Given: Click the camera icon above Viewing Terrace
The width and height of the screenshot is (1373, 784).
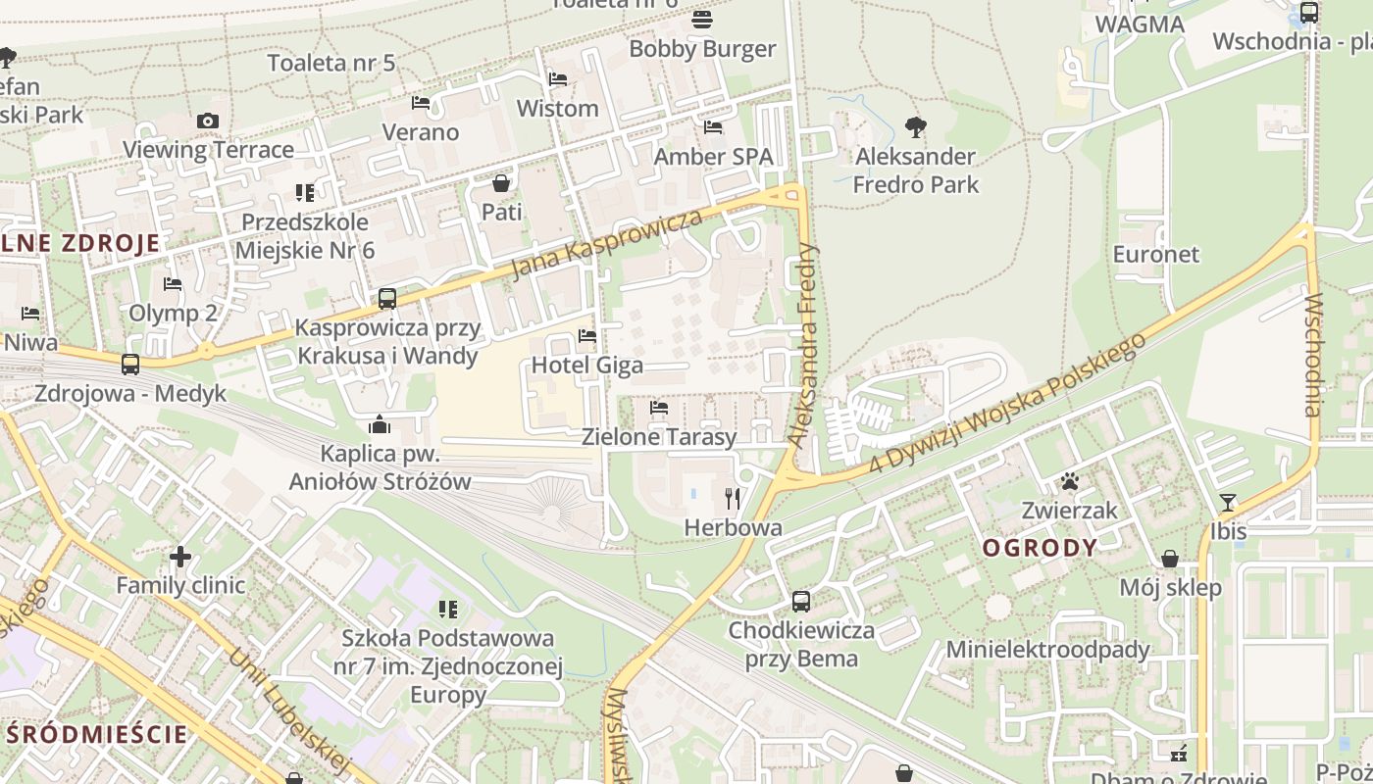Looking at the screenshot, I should pyautogui.click(x=207, y=121).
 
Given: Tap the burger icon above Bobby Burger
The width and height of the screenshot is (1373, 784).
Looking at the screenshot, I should pyautogui.click(x=702, y=20).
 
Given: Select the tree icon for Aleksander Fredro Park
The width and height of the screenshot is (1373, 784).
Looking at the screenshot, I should pyautogui.click(x=915, y=126).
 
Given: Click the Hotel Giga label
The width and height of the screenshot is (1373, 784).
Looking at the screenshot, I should pyautogui.click(x=587, y=366).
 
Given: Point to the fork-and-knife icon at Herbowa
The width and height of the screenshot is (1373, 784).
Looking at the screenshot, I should pyautogui.click(x=733, y=499).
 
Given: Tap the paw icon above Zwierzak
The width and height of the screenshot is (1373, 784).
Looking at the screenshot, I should pyautogui.click(x=1069, y=481).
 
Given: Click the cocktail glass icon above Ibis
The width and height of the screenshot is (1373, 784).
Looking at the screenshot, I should pyautogui.click(x=1228, y=503).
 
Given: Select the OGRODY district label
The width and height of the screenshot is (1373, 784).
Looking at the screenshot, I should pyautogui.click(x=1040, y=548).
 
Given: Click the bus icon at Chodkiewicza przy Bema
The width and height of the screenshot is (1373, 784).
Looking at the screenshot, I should pyautogui.click(x=801, y=601).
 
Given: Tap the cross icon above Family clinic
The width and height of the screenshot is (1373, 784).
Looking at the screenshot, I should pyautogui.click(x=180, y=557).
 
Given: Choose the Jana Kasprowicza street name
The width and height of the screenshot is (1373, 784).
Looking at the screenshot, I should pyautogui.click(x=608, y=243).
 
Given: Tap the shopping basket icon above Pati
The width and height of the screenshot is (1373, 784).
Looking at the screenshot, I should pyautogui.click(x=501, y=183).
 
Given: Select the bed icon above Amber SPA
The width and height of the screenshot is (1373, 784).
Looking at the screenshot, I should pyautogui.click(x=713, y=127).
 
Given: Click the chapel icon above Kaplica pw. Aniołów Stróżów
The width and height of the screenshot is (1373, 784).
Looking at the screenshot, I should pyautogui.click(x=380, y=424).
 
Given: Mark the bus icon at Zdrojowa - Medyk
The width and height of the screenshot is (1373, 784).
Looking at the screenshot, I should pyautogui.click(x=130, y=365).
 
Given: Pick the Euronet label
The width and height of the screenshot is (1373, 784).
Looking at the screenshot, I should pyautogui.click(x=1155, y=254).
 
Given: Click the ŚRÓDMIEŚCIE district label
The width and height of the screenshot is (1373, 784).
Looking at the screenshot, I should pyautogui.click(x=96, y=734).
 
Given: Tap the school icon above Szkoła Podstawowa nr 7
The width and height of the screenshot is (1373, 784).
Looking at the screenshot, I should pyautogui.click(x=448, y=610).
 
